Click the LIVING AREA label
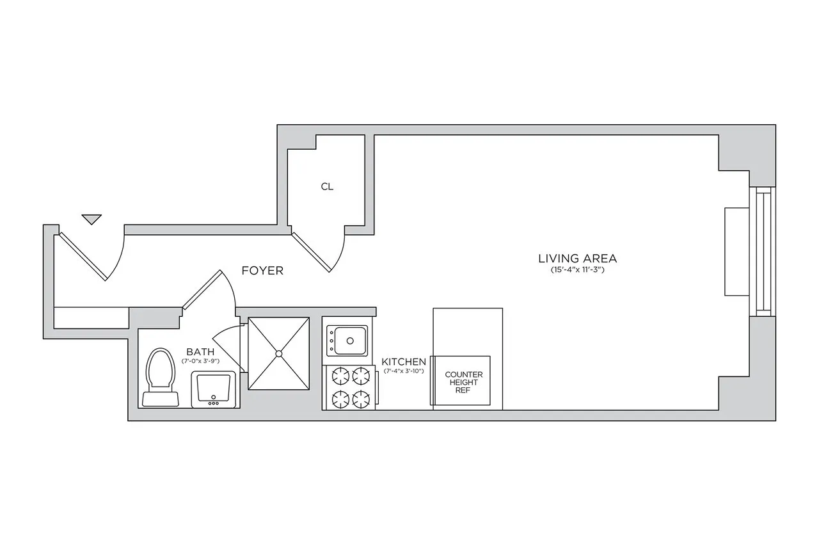tap(577, 259)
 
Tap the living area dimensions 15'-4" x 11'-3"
tap(577, 270)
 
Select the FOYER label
tap(262, 271)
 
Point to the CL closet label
tap(327, 187)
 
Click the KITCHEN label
tap(404, 362)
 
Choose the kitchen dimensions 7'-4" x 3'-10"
tap(404, 371)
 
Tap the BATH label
tap(200, 351)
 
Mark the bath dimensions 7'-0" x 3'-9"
tap(200, 360)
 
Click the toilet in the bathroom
tap(159, 378)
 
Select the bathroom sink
tap(213, 390)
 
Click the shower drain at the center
tap(278, 353)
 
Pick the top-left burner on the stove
tap(338, 374)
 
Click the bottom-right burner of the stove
tap(360, 398)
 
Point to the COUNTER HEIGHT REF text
tap(464, 382)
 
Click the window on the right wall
tap(762, 252)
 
